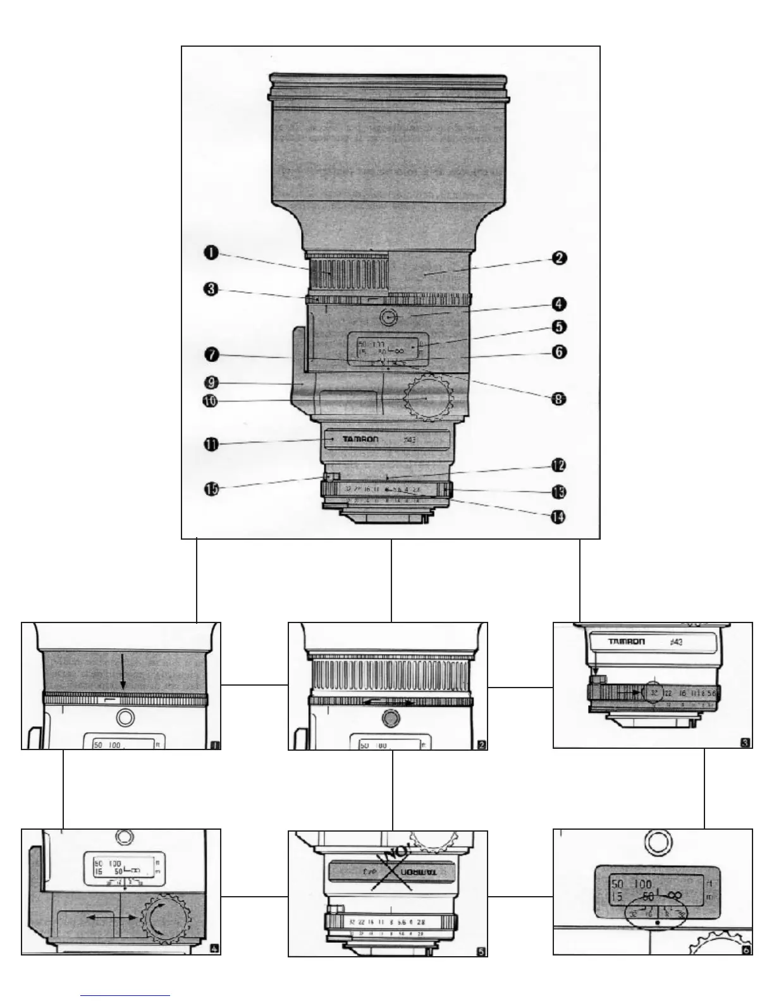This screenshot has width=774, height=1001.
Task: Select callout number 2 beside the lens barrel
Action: click(558, 258)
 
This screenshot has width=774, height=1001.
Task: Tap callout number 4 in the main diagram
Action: click(558, 304)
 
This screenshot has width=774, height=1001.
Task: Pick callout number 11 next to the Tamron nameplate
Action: click(211, 445)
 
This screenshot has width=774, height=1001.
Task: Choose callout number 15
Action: click(211, 488)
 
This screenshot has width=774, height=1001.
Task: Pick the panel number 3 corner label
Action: click(746, 743)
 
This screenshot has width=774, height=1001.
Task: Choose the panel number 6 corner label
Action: click(746, 949)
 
